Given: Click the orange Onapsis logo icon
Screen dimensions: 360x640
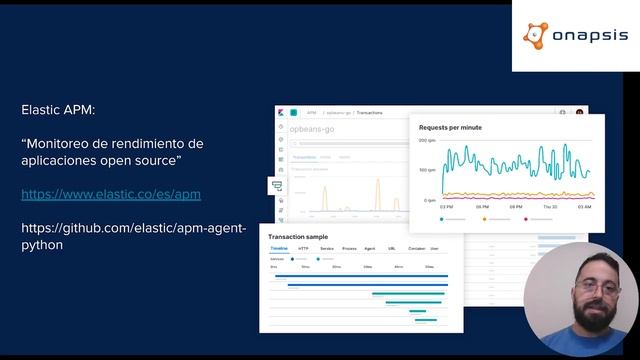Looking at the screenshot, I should click(536, 36).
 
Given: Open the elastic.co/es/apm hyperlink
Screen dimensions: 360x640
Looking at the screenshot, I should click(111, 194).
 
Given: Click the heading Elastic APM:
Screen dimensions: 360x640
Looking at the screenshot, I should click(59, 109).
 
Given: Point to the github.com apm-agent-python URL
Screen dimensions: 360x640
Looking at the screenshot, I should click(133, 236).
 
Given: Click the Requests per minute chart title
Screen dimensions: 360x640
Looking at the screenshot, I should click(450, 128).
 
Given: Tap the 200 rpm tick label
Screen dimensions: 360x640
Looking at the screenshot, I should click(427, 141).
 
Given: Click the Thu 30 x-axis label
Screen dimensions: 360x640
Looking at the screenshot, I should click(550, 207).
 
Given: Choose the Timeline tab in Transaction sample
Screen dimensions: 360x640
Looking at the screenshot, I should click(280, 247).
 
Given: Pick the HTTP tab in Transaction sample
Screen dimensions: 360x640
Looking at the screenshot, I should click(304, 247).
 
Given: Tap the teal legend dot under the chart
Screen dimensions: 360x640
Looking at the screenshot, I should click(443, 218).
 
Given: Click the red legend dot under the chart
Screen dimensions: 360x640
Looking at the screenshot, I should click(526, 218).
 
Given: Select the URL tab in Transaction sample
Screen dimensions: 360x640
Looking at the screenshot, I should click(392, 247).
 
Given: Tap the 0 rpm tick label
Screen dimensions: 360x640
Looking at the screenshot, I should click(429, 200).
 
